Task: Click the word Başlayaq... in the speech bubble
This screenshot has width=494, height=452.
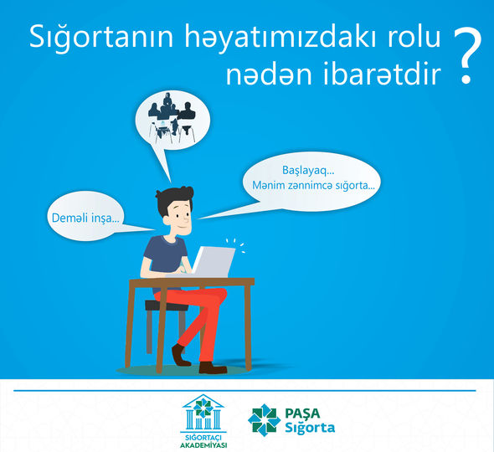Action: [x=308, y=171]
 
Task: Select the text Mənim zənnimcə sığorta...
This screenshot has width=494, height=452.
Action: [x=313, y=186]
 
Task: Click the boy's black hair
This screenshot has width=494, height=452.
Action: [x=173, y=199]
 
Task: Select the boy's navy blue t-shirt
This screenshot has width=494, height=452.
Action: [x=166, y=257]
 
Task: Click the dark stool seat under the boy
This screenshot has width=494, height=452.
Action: [x=166, y=306]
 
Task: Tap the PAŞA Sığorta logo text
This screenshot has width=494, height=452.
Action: [x=310, y=420]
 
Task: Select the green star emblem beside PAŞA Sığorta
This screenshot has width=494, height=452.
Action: [x=264, y=420]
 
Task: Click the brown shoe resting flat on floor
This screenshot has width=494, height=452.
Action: [x=213, y=367]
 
